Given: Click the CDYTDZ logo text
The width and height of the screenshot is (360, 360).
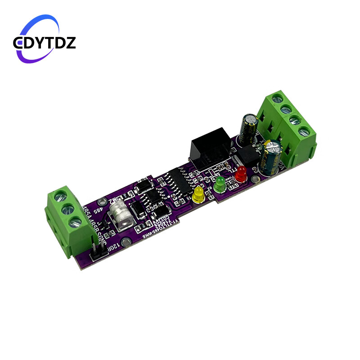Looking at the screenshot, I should pos(45,43).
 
